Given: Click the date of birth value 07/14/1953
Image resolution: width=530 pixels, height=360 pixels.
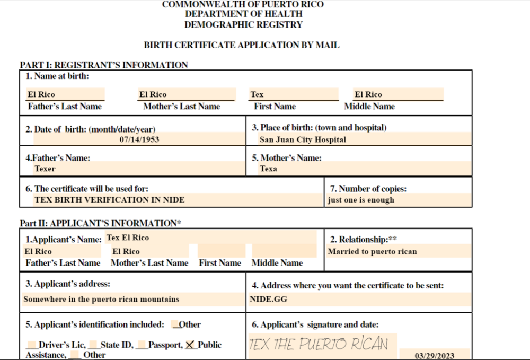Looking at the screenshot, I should click(139, 140).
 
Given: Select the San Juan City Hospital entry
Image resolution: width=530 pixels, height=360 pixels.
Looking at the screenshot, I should click(303, 140).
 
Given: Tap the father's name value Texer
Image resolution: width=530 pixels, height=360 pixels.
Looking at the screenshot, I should click(45, 169).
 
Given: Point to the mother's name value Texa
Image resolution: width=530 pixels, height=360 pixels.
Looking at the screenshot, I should click(268, 169).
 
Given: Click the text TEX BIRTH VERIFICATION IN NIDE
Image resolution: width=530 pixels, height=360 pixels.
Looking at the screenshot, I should click(110, 200).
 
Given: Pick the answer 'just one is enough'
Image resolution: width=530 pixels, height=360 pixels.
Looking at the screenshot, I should click(361, 200).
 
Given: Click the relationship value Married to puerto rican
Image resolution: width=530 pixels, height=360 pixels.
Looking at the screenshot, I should click(372, 252).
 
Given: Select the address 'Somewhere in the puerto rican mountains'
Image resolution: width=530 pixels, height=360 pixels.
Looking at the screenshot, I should click(101, 300).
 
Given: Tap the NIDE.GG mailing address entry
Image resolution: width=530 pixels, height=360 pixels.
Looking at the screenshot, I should click(269, 300).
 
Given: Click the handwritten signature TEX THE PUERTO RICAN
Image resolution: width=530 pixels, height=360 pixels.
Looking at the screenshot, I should click(319, 344).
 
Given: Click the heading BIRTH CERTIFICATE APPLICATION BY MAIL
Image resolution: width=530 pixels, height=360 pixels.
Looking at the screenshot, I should click(242, 46).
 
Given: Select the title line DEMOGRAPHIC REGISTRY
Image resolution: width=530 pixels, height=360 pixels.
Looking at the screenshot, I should click(244, 25).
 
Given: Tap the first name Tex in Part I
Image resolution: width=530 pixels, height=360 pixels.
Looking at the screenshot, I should click(257, 95).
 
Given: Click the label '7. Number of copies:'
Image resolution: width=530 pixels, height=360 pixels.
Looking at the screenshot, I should click(368, 189).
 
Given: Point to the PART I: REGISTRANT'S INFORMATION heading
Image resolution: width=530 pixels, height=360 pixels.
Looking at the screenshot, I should click(104, 65).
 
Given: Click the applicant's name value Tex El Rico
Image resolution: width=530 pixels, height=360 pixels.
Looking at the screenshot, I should click(128, 238).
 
